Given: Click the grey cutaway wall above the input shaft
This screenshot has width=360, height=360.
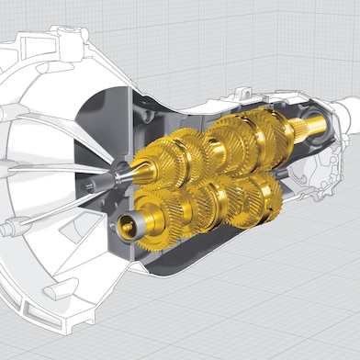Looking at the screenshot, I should [110, 119].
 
